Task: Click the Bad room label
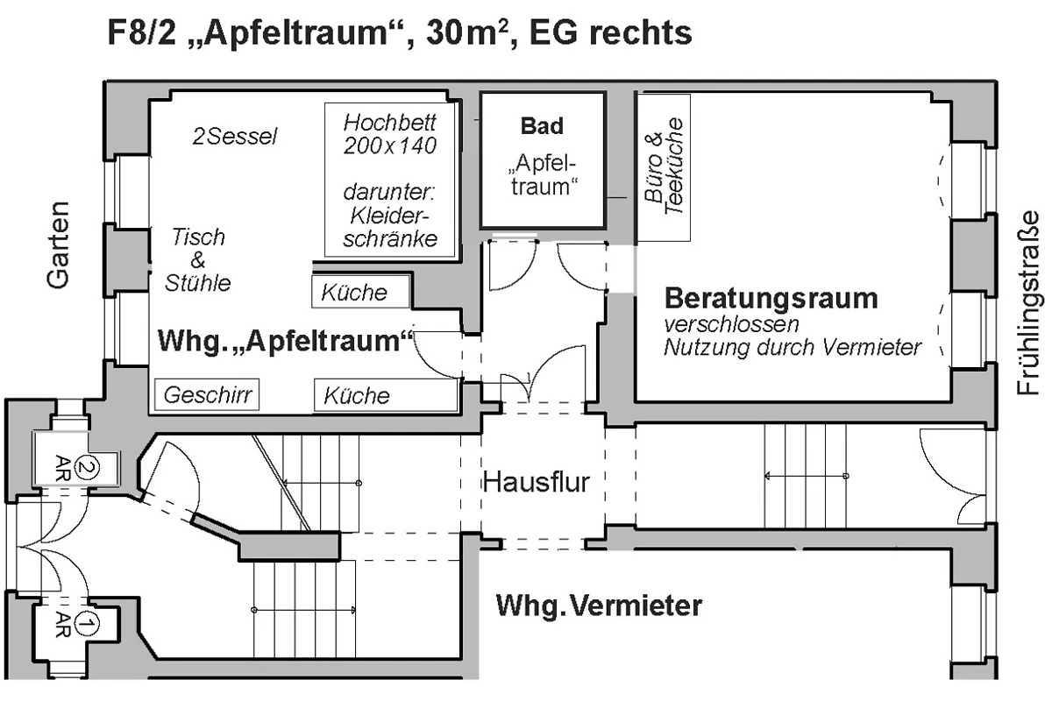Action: (542, 126)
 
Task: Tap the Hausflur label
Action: (536, 482)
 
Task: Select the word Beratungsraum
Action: (771, 298)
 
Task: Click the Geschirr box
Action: (207, 395)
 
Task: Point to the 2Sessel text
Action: (235, 137)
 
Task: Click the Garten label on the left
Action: (58, 245)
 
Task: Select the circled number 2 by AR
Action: (88, 468)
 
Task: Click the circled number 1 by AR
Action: (87, 624)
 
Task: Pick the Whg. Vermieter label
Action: (600, 605)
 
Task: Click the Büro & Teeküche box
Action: (664, 167)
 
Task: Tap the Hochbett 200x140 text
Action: (390, 134)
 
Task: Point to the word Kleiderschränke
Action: (390, 228)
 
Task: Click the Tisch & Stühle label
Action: (198, 259)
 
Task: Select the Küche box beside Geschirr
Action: (386, 395)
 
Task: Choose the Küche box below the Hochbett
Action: (360, 292)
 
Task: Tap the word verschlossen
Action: (731, 324)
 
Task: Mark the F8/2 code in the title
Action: (142, 32)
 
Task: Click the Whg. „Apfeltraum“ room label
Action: (286, 340)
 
